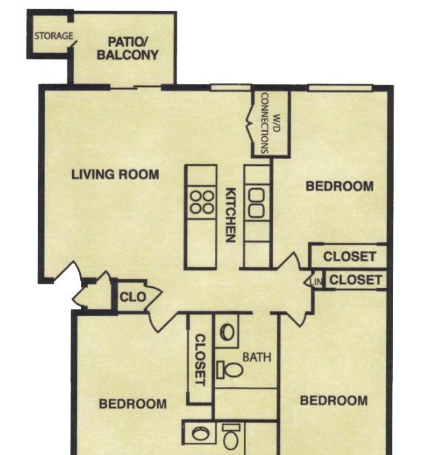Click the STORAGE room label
[54, 36]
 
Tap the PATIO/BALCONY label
[127, 49]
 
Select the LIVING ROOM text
[115, 175]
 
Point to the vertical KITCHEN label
[231, 215]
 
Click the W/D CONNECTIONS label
[270, 123]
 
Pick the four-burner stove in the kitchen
[202, 202]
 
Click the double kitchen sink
[256, 202]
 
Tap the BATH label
[257, 357]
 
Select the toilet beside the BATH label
[230, 369]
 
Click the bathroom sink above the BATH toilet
[227, 332]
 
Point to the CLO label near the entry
[133, 297]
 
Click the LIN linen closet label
[316, 282]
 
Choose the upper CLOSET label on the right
[350, 257]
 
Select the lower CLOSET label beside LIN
[355, 280]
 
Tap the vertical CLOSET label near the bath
[200, 360]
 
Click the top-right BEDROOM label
[340, 186]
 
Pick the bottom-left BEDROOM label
[133, 404]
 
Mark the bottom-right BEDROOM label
[334, 400]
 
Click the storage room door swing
[73, 44]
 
